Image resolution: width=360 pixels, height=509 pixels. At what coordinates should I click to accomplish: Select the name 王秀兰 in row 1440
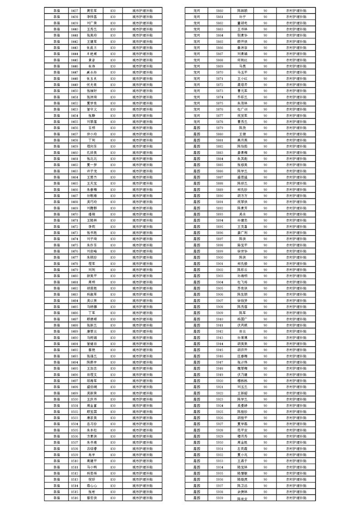pos(92,28)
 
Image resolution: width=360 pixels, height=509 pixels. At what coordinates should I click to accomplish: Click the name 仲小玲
pos(92,134)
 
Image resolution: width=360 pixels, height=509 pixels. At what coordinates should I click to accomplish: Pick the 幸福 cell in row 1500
pos(56,399)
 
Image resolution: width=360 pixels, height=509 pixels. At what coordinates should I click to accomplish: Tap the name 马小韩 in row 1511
pos(92,467)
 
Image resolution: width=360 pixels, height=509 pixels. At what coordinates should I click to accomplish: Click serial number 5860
pos(219,10)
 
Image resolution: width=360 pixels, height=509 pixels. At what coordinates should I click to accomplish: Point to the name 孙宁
pos(242,16)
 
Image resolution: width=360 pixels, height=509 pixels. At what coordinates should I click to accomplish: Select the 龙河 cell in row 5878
pos(197,122)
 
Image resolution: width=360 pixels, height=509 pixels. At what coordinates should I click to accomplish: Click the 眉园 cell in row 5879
pos(197,127)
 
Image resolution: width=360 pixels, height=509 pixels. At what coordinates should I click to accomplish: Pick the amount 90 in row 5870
pos(265,72)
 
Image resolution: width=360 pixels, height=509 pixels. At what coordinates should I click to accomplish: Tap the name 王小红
pos(242,78)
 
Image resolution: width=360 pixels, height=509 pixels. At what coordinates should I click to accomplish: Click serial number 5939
pos(219,498)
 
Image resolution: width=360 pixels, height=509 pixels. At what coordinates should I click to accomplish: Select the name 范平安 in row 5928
pos(242,430)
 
